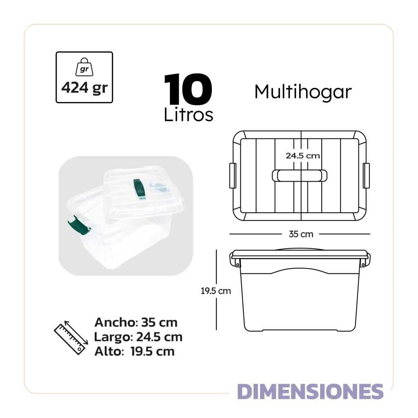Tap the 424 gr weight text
pyautogui.click(x=84, y=88)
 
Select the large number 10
pyautogui.click(x=188, y=90)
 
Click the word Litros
pyautogui.click(x=189, y=115)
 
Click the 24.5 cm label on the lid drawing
pyautogui.click(x=302, y=156)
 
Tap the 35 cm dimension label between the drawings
pyautogui.click(x=301, y=234)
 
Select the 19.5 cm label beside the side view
pyautogui.click(x=216, y=291)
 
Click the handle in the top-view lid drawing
pyautogui.click(x=300, y=175)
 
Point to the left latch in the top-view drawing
pyautogui.click(x=233, y=176)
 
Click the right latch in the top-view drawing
pyautogui.click(x=366, y=176)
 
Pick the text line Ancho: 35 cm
pyautogui.click(x=136, y=322)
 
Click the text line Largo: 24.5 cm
pyautogui.click(x=138, y=337)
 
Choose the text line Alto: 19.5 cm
pyautogui.click(x=134, y=351)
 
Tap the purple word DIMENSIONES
pyautogui.click(x=310, y=391)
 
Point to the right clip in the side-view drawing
pyautogui.click(x=366, y=260)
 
